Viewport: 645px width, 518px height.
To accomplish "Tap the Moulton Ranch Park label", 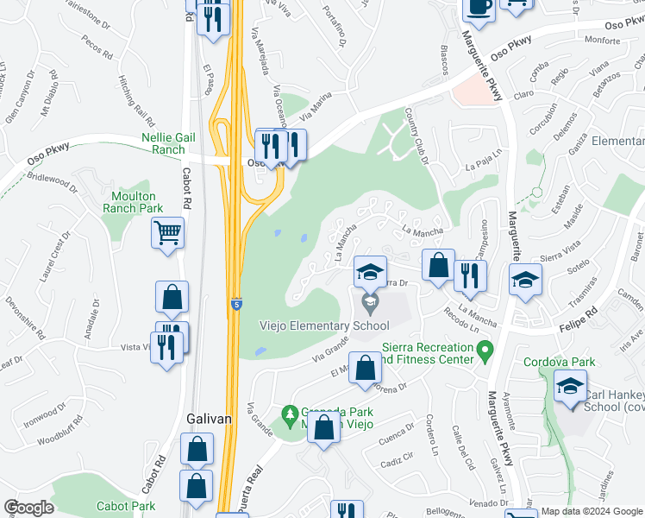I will coord(132,202).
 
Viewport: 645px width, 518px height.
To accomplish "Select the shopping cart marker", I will coord(167,232).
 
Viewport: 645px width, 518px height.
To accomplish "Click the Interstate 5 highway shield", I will coord(235,304).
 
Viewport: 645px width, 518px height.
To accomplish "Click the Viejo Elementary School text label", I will coord(324,325).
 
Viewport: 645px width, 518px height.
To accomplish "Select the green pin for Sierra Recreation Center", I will coord(485,350).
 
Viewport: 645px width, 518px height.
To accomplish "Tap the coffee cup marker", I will coord(479,7).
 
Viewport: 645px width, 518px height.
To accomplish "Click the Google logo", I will coord(28,508).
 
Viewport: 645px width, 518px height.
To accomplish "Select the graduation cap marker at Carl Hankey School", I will coord(570,387).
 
